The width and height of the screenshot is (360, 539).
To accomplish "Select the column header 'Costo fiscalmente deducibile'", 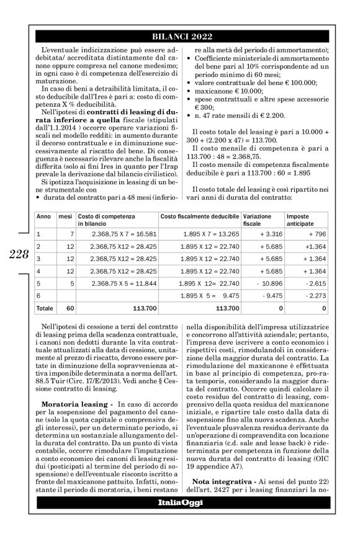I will (x=199, y=216).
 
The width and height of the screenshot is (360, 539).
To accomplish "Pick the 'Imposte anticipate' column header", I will (x=300, y=220).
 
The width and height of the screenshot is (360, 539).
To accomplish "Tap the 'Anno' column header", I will (x=43, y=216).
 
